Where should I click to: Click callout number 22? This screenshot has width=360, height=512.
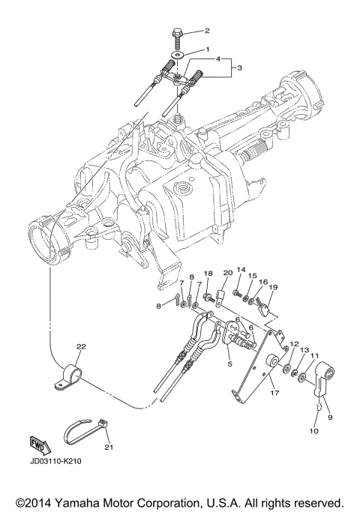click(80, 346)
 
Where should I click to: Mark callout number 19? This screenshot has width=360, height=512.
click(273, 287)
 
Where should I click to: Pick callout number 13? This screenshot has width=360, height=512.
click(304, 350)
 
